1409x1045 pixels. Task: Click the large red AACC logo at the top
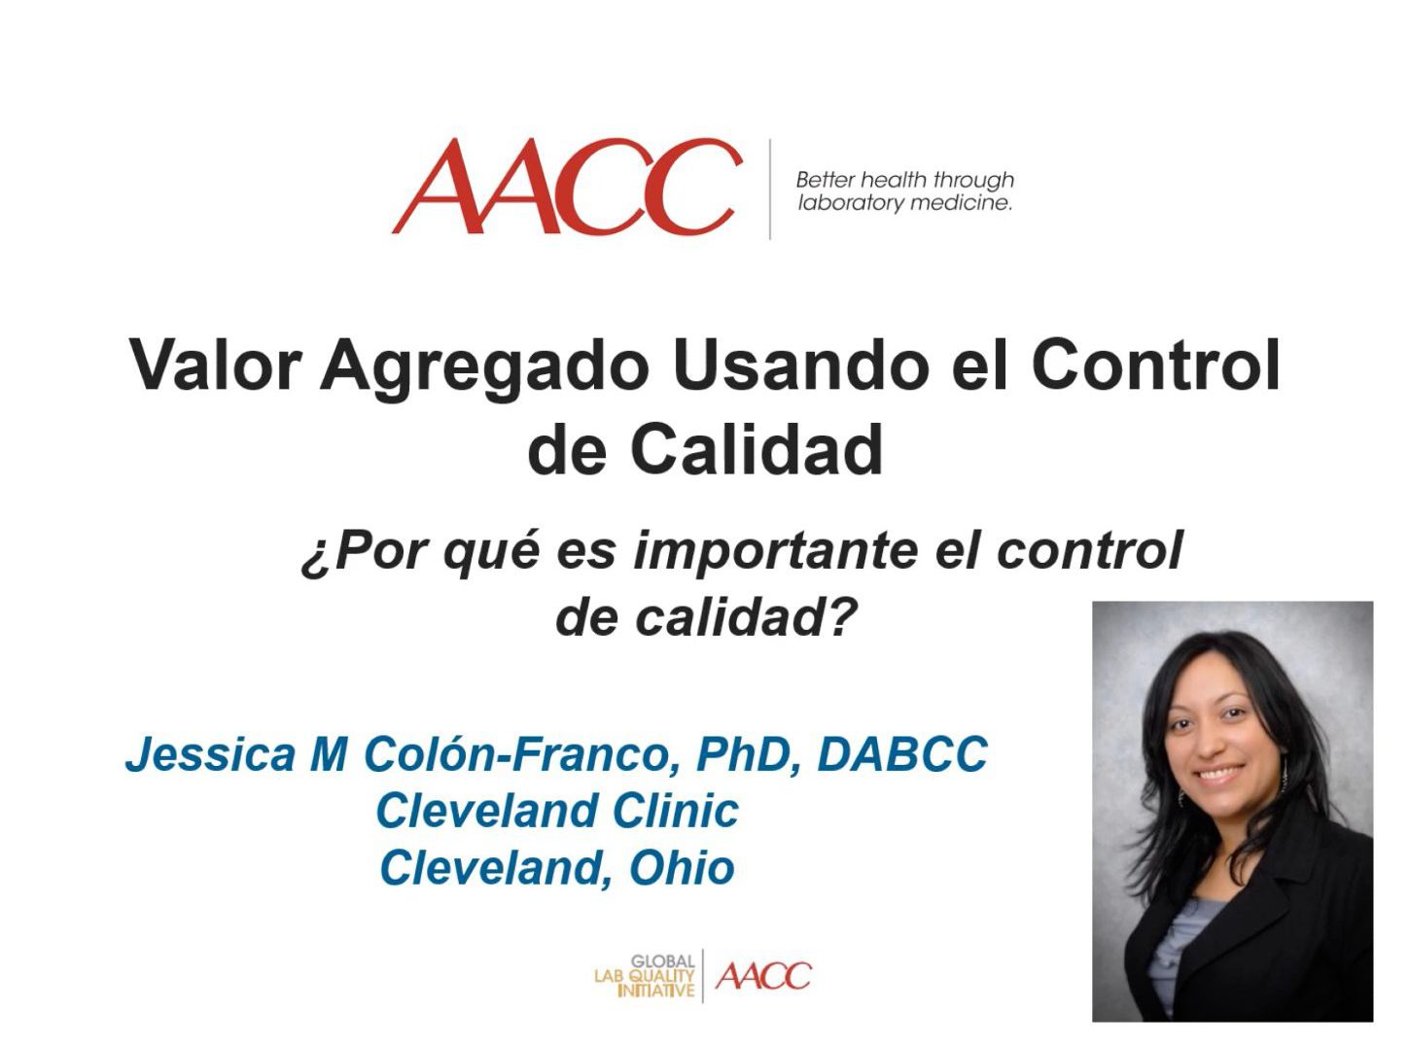[566, 188]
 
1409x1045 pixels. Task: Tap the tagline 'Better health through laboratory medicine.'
[904, 192]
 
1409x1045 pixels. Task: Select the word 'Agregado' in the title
[484, 367]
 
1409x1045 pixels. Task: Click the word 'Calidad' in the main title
[756, 449]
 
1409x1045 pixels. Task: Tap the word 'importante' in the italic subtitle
[775, 550]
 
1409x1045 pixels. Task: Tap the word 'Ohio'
[682, 868]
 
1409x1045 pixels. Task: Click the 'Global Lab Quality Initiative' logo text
[648, 976]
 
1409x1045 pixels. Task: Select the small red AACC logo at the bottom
[762, 976]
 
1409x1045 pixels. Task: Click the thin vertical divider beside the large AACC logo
[770, 189]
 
